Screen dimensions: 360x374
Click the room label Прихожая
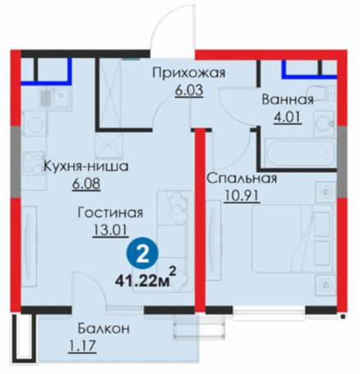(189, 73)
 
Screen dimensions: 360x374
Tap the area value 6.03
(189, 90)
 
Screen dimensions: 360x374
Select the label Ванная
(288, 99)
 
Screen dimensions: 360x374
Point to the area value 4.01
(288, 118)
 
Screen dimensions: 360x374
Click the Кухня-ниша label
(86, 166)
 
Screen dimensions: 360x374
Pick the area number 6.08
(86, 183)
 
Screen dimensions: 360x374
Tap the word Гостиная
(110, 213)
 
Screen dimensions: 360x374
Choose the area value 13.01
(110, 230)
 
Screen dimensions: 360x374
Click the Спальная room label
(242, 178)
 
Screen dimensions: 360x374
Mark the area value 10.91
(242, 196)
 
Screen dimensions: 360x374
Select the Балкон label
(104, 329)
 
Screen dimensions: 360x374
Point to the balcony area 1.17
(82, 345)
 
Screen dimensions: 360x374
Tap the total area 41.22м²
(145, 278)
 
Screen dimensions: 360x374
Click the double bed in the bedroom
(293, 238)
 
